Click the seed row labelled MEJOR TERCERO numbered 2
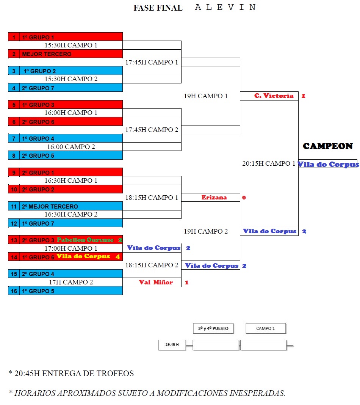[65, 54]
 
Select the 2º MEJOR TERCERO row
[65, 206]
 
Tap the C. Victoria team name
[274, 96]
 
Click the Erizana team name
[214, 197]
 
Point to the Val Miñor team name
[156, 282]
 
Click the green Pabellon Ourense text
[85, 240]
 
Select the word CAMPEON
[328, 146]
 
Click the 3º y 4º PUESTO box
[213, 328]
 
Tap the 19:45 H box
[172, 345]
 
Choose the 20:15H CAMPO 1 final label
[269, 163]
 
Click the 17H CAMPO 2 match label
[71, 282]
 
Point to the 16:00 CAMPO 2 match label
[71, 147]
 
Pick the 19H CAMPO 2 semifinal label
[206, 231]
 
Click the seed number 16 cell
[14, 291]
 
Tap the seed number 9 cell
[14, 173]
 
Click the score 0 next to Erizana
[244, 198]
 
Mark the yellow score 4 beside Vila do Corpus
[118, 257]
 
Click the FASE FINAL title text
[158, 8]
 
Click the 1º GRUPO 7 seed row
[65, 223]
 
